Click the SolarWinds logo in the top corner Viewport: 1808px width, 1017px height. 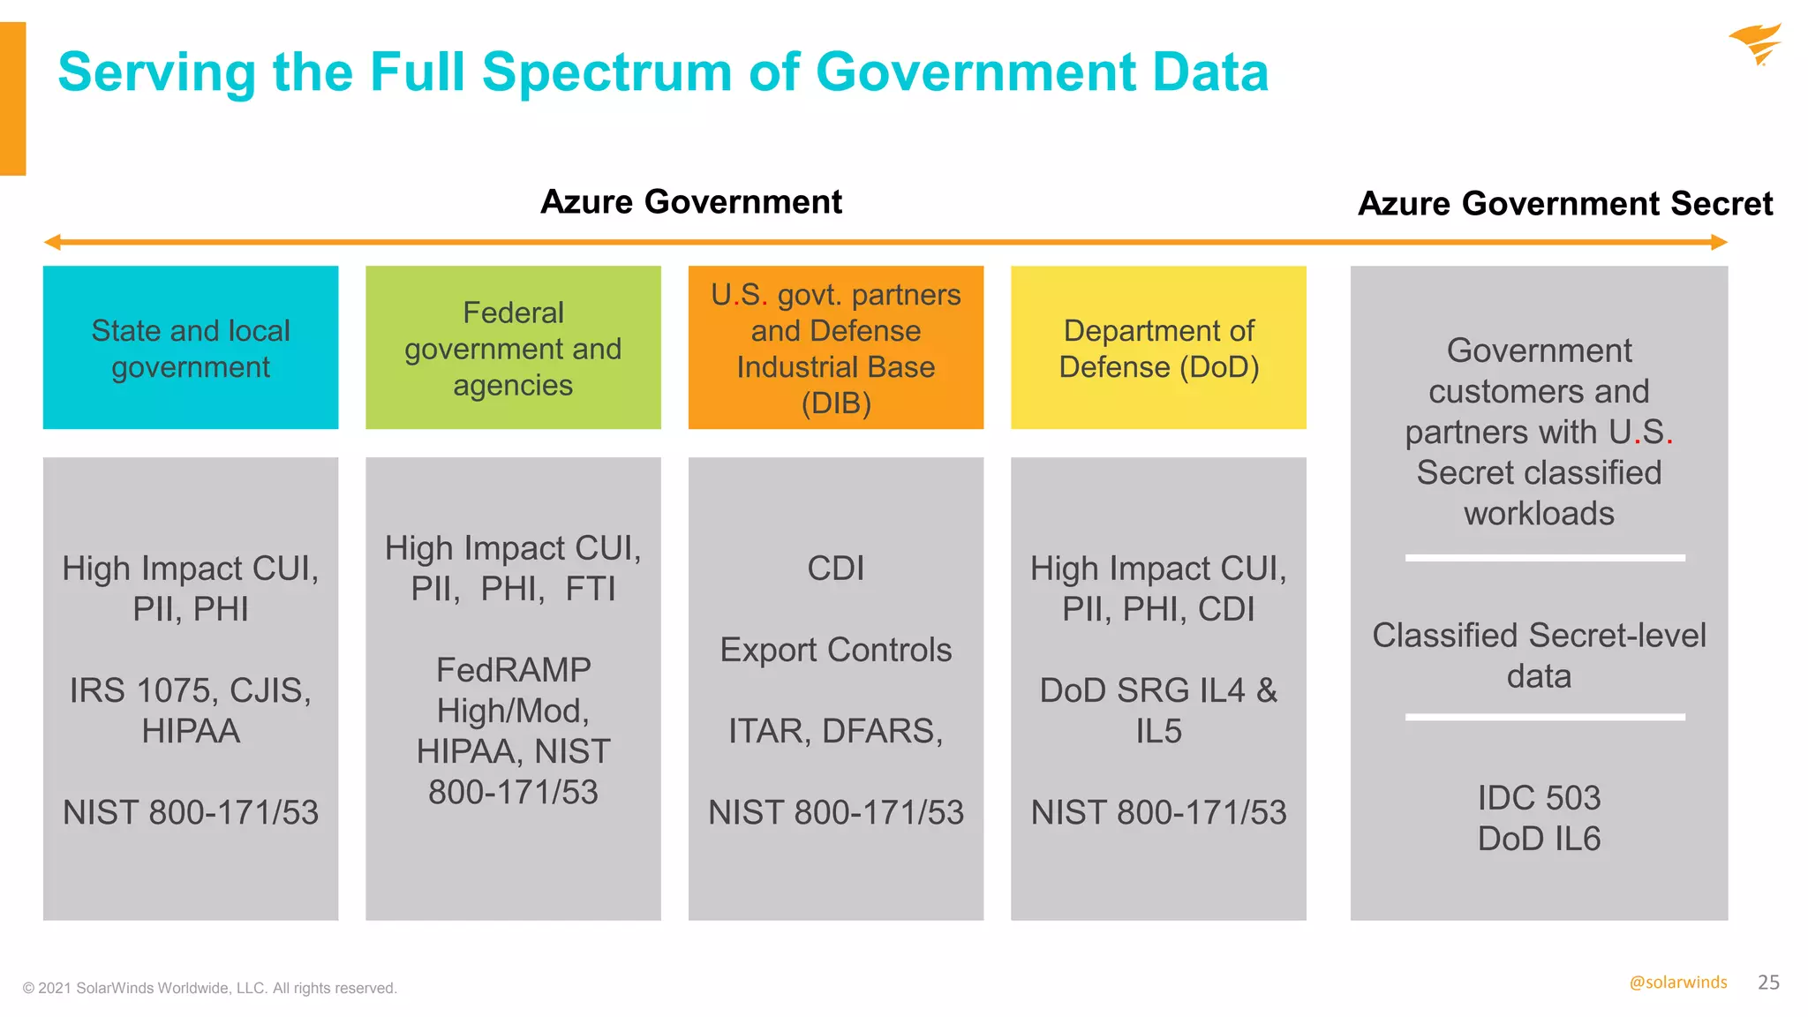coord(1756,44)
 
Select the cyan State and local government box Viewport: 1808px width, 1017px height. coord(191,348)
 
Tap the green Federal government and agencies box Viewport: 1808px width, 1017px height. coord(513,348)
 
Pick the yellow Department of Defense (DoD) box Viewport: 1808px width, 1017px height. coord(1158,348)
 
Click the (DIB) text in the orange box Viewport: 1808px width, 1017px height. coord(836,403)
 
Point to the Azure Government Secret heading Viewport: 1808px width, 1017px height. coord(1564,204)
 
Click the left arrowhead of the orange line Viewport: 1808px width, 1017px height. coord(52,242)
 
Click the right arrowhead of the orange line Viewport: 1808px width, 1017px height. coord(1719,242)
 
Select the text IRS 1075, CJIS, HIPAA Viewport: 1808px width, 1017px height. coord(191,711)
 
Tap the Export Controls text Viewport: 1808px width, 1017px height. coord(836,651)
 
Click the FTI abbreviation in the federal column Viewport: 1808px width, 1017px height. coord(591,589)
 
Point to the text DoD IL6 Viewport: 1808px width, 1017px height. coord(1539,839)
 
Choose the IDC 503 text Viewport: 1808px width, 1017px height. coord(1539,798)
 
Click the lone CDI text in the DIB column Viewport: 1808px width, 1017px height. coord(836,569)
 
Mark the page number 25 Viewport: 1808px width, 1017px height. coord(1768,983)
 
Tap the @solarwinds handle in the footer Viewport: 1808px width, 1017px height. coord(1677,983)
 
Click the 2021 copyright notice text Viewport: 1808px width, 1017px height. coord(210,988)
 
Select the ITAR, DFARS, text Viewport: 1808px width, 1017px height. coord(836,732)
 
